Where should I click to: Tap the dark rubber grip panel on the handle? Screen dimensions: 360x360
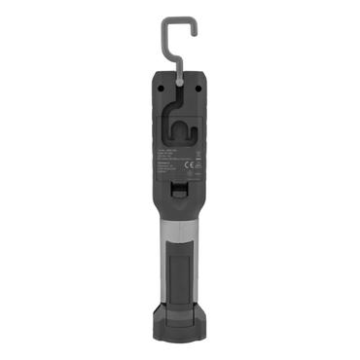(181, 268)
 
